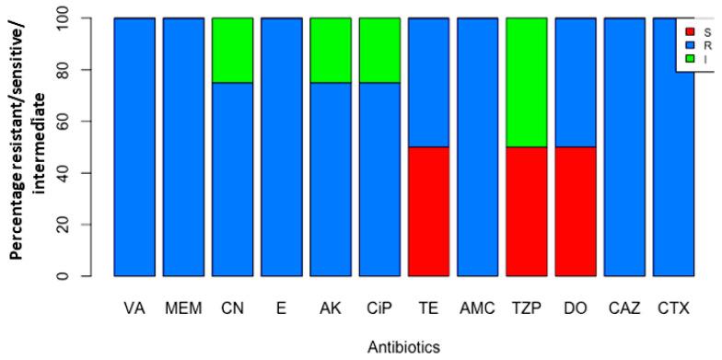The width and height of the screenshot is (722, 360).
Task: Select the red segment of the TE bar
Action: pyautogui.click(x=428, y=224)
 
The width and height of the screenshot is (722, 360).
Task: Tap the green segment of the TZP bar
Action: pyautogui.click(x=526, y=95)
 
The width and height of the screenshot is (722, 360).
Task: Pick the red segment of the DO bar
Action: pyautogui.click(x=575, y=224)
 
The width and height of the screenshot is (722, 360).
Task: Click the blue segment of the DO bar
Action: pyautogui.click(x=575, y=95)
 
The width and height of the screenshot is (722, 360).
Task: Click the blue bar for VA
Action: pyautogui.click(x=134, y=146)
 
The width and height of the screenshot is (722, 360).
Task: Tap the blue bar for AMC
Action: pyautogui.click(x=477, y=146)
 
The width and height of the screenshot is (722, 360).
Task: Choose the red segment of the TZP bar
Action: pyautogui.click(x=526, y=224)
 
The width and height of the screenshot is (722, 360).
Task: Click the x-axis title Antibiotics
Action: pyautogui.click(x=403, y=347)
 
